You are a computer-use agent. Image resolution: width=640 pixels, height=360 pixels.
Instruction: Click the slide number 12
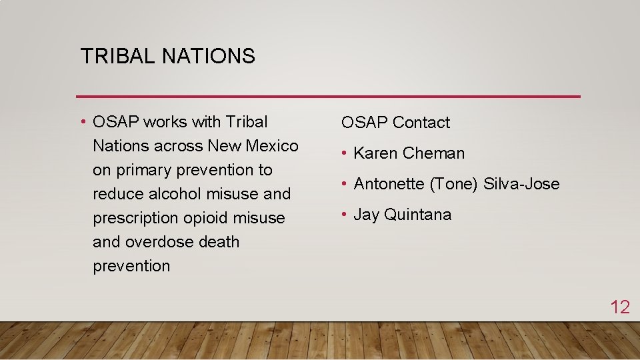[x=620, y=307]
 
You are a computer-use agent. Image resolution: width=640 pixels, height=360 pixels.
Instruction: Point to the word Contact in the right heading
[x=421, y=123]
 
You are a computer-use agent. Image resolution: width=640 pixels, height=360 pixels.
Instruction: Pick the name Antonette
[x=389, y=184]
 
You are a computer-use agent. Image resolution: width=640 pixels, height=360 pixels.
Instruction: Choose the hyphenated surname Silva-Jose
[x=521, y=184]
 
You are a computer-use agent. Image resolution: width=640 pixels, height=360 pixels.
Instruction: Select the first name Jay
[x=366, y=215]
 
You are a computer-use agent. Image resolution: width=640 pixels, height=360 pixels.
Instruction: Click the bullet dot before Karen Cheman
[x=344, y=153]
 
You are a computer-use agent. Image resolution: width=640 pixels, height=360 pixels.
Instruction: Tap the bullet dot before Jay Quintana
[x=344, y=215]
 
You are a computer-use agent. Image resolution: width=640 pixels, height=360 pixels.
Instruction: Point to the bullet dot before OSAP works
[x=83, y=122]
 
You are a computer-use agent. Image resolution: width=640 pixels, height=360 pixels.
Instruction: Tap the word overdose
[x=160, y=242]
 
